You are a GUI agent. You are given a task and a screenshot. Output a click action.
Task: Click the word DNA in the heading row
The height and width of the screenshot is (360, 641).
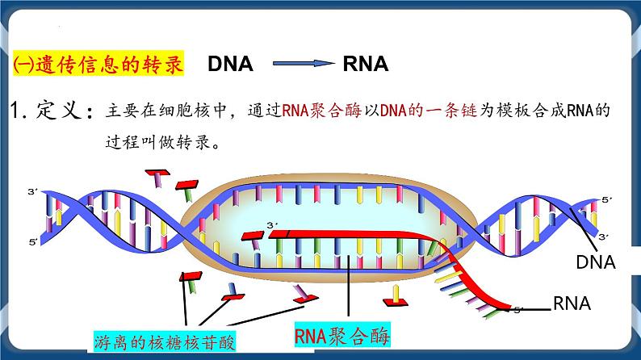[x=230, y=64]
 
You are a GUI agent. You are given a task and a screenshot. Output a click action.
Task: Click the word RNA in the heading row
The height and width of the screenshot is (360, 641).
[x=365, y=64]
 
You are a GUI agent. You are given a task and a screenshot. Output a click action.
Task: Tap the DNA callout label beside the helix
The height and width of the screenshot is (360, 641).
[x=595, y=262]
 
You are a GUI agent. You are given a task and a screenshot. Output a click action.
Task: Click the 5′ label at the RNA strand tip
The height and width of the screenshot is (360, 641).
[x=518, y=309]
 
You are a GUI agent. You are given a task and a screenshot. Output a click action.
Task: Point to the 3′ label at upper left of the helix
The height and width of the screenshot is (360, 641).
[x=32, y=192]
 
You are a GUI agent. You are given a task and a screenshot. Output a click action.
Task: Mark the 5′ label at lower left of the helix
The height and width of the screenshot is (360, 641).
[x=32, y=241]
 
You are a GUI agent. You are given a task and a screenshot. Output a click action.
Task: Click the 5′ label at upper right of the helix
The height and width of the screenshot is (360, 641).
[x=607, y=199]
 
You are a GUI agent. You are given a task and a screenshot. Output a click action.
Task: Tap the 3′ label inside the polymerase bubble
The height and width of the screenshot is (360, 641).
[x=270, y=225]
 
